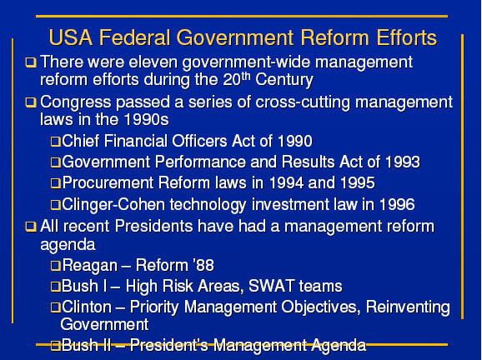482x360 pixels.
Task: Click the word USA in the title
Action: click(71, 37)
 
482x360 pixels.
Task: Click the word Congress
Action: click(75, 102)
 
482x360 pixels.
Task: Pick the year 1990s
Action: click(147, 119)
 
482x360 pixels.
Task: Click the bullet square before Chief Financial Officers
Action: click(55, 142)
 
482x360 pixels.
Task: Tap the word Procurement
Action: click(108, 182)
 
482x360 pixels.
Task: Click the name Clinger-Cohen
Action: click(113, 204)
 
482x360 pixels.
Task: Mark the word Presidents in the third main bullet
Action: click(153, 227)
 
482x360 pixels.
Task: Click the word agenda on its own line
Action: click(68, 246)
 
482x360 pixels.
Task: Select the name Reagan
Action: click(90, 266)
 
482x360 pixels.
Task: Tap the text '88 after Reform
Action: click(203, 265)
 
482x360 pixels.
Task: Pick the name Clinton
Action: click(87, 307)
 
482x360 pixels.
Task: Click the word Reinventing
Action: click(408, 307)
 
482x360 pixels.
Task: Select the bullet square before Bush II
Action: click(55, 346)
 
